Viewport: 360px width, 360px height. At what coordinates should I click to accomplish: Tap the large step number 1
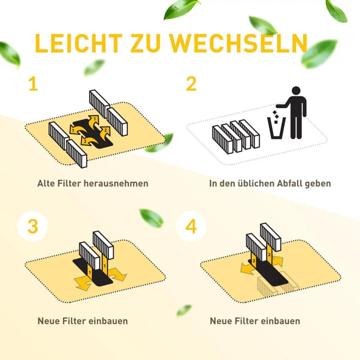[x=33, y=84]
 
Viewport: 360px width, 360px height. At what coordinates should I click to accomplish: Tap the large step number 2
[x=191, y=84]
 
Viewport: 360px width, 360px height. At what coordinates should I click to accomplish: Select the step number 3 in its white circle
[x=33, y=226]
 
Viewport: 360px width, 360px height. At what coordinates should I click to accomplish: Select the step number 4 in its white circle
[x=191, y=226]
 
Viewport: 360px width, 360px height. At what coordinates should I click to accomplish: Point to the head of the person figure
[x=296, y=91]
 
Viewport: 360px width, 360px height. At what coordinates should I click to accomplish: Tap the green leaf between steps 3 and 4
[x=152, y=218]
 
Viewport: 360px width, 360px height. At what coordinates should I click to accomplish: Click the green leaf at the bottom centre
[x=184, y=310]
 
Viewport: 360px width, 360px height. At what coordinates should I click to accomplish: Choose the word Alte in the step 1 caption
[x=47, y=184]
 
